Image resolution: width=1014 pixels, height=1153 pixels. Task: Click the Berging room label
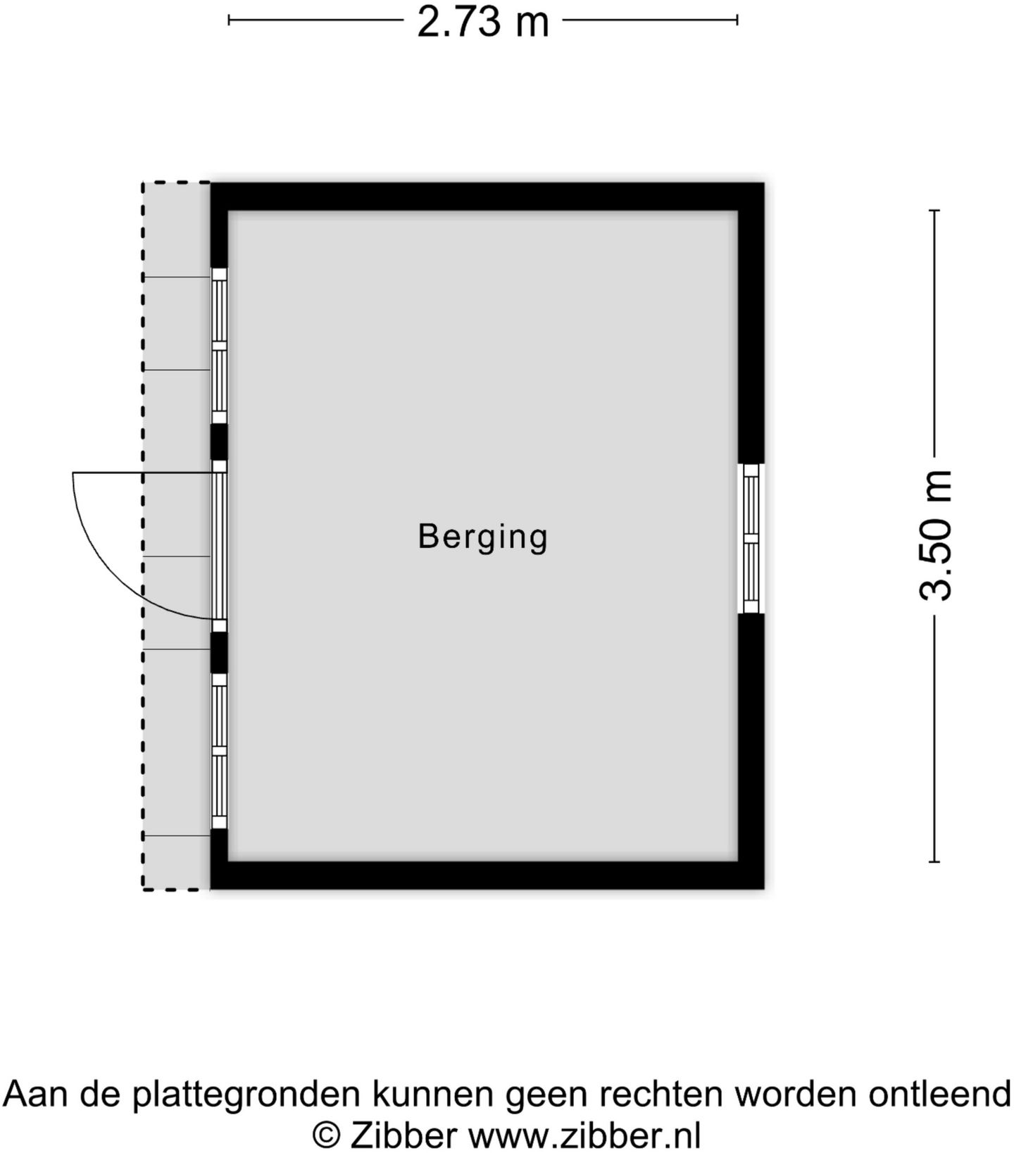[483, 537]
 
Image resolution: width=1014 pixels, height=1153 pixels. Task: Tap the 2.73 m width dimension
[482, 21]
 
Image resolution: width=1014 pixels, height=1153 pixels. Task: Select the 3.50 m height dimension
[936, 535]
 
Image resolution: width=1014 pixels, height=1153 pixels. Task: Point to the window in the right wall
[751, 539]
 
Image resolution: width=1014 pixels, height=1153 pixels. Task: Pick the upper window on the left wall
[219, 345]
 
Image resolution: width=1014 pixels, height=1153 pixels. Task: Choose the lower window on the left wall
[219, 751]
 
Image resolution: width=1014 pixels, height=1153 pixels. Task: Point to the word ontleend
[940, 1095]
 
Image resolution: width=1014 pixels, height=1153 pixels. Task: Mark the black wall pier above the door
[219, 442]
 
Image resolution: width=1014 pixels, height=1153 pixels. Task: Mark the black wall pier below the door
[219, 652]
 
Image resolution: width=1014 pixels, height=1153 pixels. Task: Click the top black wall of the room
[487, 197]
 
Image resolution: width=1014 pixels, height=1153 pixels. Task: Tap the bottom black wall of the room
[487, 875]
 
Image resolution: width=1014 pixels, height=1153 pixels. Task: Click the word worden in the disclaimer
[796, 1095]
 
